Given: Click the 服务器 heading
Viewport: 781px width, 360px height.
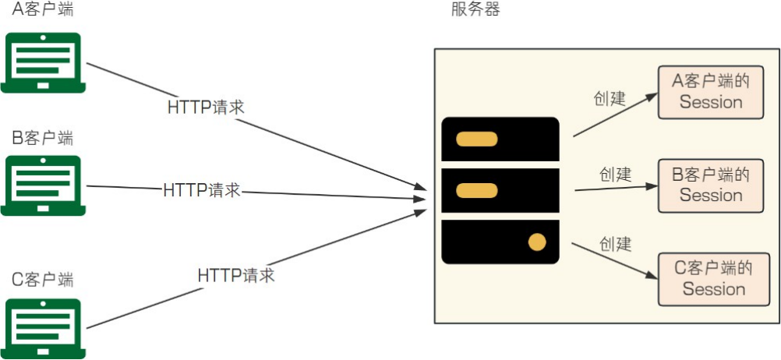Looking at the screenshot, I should (475, 10).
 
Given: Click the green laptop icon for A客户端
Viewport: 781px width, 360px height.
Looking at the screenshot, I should (44, 62).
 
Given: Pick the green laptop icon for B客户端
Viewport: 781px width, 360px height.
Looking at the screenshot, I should (44, 185).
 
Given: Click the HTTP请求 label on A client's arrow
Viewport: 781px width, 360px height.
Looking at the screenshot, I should (206, 108).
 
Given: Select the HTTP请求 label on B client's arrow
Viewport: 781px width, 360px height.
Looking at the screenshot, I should (202, 190).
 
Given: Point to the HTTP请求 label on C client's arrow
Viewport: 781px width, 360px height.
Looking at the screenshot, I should (236, 275).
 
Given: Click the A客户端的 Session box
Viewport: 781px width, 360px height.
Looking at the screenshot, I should (711, 92).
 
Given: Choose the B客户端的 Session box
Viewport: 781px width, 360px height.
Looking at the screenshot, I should (711, 185).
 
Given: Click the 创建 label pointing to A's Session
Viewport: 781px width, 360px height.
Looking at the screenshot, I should (610, 99).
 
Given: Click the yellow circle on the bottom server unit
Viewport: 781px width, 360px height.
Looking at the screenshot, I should (537, 242).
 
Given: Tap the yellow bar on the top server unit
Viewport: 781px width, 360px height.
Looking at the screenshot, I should (477, 140).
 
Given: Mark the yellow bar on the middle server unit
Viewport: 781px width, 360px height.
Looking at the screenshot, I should (477, 190).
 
